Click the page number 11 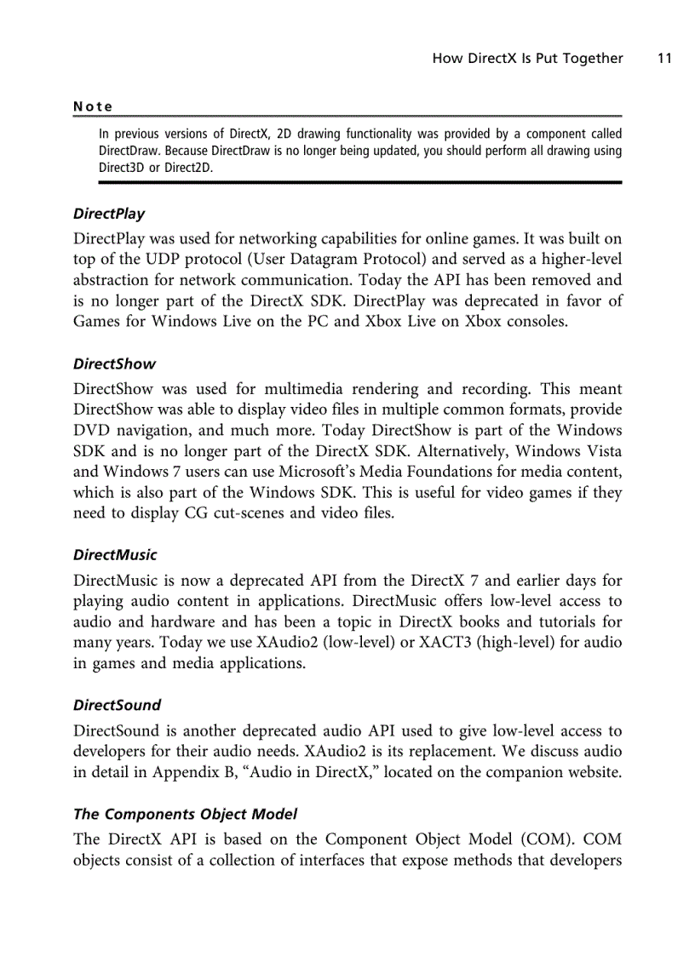664,59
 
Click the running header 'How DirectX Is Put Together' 527,59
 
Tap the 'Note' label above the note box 93,106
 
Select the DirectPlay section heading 109,214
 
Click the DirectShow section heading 114,364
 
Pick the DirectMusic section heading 115,555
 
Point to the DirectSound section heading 117,705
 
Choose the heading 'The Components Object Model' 185,814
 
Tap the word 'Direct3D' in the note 122,168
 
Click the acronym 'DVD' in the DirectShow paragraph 93,431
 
